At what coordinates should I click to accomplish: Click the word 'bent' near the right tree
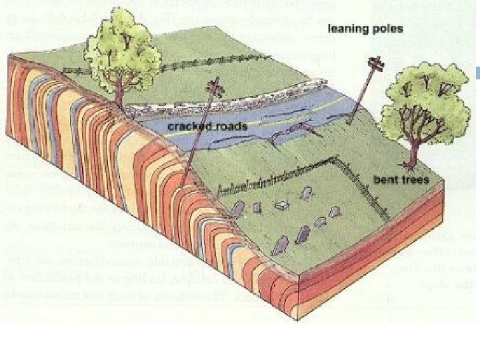click(383, 180)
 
